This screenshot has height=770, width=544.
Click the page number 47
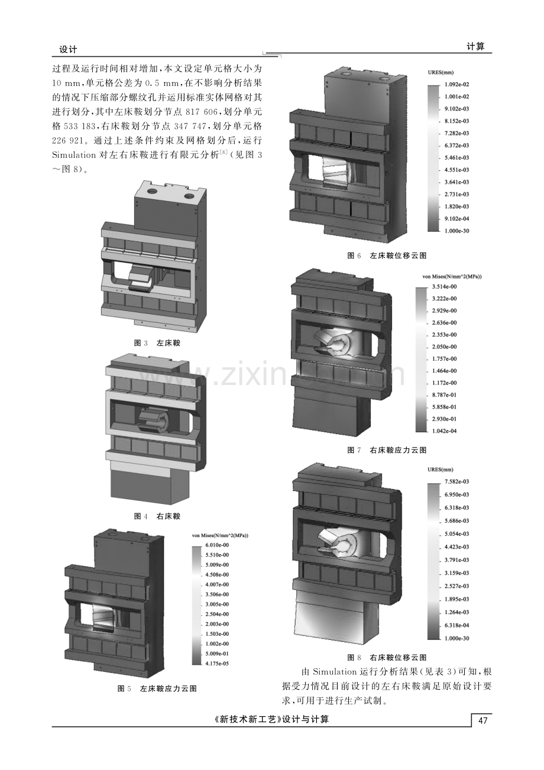pyautogui.click(x=483, y=720)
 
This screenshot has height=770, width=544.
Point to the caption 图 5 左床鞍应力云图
pyautogui.click(x=157, y=688)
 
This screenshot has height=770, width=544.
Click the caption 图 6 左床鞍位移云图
pyautogui.click(x=387, y=255)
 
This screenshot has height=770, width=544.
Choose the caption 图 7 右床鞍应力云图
pyautogui.click(x=387, y=450)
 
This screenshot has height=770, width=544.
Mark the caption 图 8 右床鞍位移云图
pyautogui.click(x=387, y=658)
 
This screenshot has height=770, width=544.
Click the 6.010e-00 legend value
pyautogui.click(x=217, y=545)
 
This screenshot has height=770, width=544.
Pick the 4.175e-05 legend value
pyautogui.click(x=217, y=663)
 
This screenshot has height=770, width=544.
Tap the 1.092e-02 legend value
pyautogui.click(x=457, y=85)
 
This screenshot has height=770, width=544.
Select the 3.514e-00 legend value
pyautogui.click(x=445, y=287)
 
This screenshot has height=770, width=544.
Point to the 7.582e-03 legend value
pyautogui.click(x=457, y=481)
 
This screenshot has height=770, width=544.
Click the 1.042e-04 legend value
pyautogui.click(x=445, y=431)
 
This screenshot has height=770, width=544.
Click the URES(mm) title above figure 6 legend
pyautogui.click(x=441, y=73)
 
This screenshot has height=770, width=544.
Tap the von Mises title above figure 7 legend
pyautogui.click(x=451, y=276)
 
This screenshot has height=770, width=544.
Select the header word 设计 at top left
pyautogui.click(x=68, y=49)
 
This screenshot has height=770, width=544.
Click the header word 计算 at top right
pyautogui.click(x=475, y=47)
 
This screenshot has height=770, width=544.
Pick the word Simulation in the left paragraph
pyautogui.click(x=74, y=155)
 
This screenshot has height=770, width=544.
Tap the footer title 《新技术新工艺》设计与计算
pyautogui.click(x=271, y=719)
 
